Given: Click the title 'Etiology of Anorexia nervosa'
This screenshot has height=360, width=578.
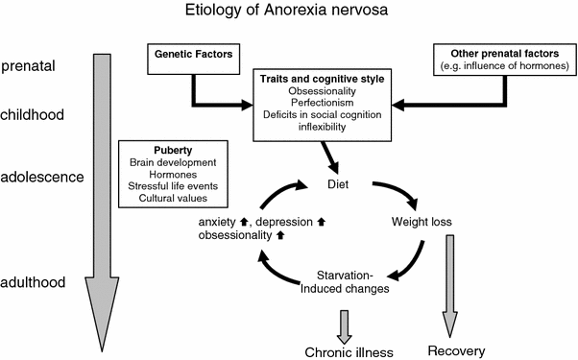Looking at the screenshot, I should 288,12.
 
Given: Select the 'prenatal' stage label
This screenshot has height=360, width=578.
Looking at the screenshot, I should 28,67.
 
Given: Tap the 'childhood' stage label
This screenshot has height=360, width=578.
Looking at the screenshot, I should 33,114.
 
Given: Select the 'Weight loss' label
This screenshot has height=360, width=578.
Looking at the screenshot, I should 421,224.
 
